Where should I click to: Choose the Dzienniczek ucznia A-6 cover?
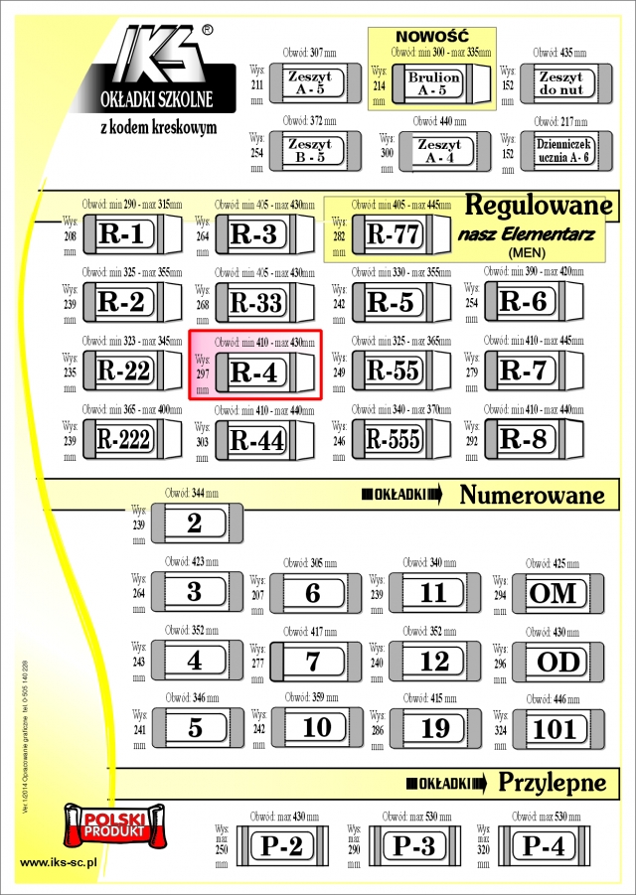click(x=561, y=150)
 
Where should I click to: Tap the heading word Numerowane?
click(x=533, y=494)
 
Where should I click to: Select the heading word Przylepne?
click(x=552, y=782)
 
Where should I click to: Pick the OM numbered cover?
click(x=554, y=593)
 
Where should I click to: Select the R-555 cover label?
click(x=393, y=439)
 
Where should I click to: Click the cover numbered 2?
click(x=195, y=523)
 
